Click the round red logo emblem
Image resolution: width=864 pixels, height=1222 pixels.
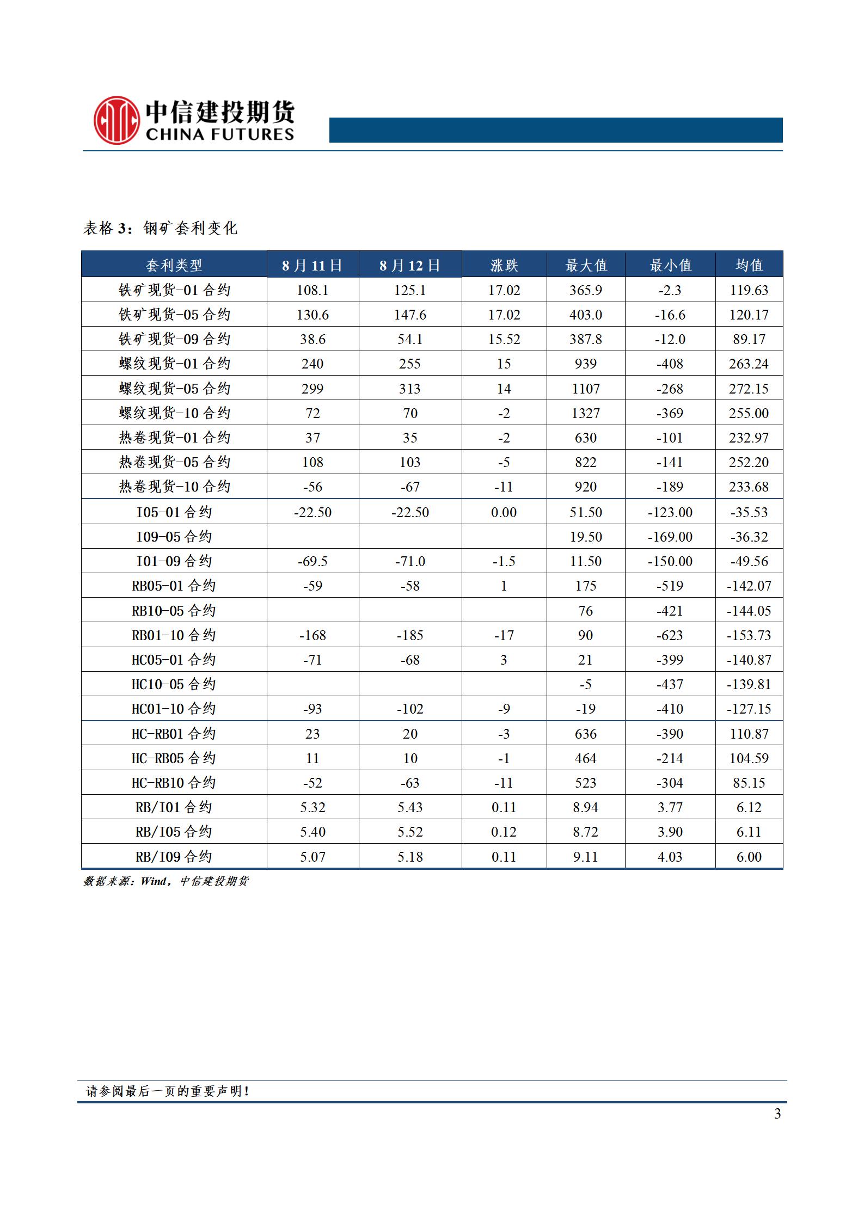click(x=117, y=120)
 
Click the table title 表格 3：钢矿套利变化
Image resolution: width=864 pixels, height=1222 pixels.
click(x=160, y=228)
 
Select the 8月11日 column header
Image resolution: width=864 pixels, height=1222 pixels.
click(x=312, y=265)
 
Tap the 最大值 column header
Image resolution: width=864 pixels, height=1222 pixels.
click(x=586, y=265)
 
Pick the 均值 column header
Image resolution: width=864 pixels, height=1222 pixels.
click(x=749, y=265)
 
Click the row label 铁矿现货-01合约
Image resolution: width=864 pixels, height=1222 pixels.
click(x=174, y=290)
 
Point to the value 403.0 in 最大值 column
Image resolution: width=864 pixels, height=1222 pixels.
click(x=586, y=315)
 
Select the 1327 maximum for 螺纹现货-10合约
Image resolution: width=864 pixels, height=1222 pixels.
click(x=586, y=413)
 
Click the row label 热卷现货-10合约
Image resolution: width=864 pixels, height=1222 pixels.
click(x=174, y=487)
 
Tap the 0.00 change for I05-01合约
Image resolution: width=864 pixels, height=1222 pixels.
click(x=504, y=512)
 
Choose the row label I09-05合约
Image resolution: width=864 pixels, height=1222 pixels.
click(x=174, y=537)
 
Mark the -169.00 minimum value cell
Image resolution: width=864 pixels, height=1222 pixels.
click(x=670, y=537)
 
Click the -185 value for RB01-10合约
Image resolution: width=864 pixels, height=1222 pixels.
click(x=410, y=635)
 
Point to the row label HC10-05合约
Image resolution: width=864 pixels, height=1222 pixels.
click(x=174, y=684)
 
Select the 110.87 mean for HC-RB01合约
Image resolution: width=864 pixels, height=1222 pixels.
click(x=749, y=734)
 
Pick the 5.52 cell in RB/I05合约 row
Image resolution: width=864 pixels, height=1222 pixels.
click(x=410, y=832)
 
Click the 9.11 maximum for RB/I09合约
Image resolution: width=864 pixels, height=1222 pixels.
click(x=586, y=857)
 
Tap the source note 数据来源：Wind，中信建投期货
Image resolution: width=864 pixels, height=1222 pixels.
click(x=166, y=881)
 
